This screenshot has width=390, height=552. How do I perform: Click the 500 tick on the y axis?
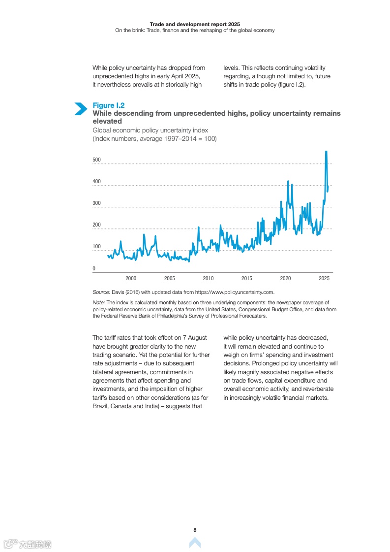click(96, 160)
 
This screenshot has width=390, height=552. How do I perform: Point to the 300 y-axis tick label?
click(96, 203)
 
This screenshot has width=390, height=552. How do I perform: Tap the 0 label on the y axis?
click(94, 269)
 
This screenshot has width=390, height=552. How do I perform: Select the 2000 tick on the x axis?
click(131, 278)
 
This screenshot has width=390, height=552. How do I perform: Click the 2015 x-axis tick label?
click(246, 278)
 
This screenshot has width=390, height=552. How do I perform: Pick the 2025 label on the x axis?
click(324, 278)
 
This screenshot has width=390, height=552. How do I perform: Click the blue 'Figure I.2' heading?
click(108, 105)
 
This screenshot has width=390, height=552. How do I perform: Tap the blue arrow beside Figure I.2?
click(81, 109)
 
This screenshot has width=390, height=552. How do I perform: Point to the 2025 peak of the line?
click(326, 152)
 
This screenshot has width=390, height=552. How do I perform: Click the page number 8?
click(195, 530)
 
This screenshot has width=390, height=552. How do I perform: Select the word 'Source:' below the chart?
click(101, 292)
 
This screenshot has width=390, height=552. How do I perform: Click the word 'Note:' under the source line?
click(99, 303)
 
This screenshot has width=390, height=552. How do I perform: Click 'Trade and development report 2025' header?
click(195, 24)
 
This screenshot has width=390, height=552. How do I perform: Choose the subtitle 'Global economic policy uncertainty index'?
click(150, 130)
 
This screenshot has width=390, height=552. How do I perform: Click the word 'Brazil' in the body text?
click(100, 406)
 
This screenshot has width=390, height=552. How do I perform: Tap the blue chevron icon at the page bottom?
click(195, 543)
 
